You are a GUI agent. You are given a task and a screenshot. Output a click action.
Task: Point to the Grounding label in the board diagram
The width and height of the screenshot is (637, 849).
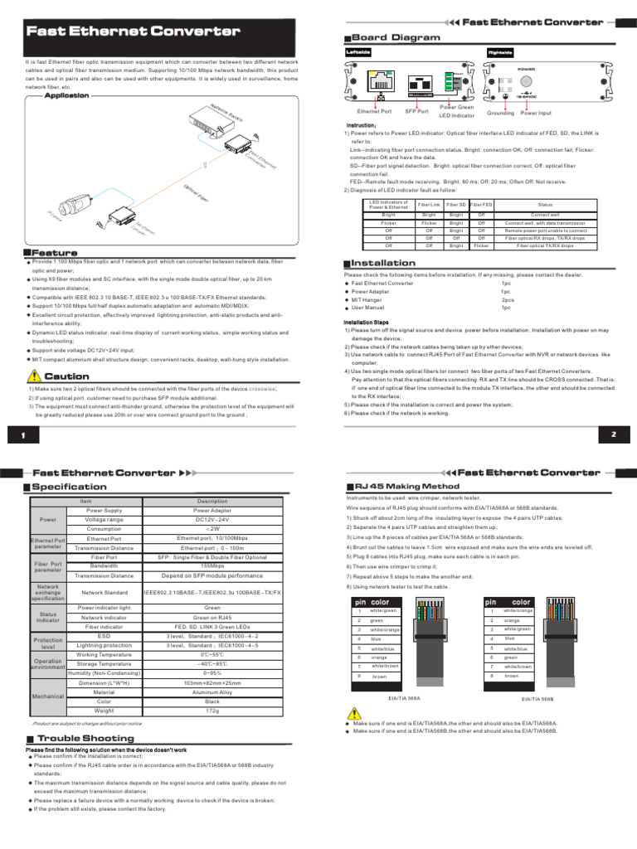click(x=500, y=111)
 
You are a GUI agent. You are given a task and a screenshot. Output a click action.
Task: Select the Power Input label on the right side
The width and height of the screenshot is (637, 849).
click(x=535, y=111)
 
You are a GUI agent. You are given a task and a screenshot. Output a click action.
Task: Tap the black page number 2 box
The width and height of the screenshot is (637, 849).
click(x=613, y=434)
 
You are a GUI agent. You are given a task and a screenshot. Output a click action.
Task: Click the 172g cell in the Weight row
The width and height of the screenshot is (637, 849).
click(x=212, y=711)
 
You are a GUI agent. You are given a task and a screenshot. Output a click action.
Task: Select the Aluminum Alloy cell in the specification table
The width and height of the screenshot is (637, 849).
click(x=212, y=691)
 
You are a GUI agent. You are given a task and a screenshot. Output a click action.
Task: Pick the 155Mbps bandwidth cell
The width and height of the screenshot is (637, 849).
click(x=212, y=566)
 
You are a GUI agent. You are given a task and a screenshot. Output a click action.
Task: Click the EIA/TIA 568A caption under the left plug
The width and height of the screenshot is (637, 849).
click(x=404, y=699)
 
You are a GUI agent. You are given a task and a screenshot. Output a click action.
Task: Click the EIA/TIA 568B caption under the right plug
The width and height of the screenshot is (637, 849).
click(x=537, y=700)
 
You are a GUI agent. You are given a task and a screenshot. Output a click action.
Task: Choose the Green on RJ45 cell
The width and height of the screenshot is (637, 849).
click(x=212, y=617)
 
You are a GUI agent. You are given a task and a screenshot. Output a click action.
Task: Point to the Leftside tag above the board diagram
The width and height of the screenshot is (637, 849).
click(x=357, y=51)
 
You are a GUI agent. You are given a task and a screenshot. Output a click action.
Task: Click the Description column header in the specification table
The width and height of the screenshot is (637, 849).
click(x=212, y=501)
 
